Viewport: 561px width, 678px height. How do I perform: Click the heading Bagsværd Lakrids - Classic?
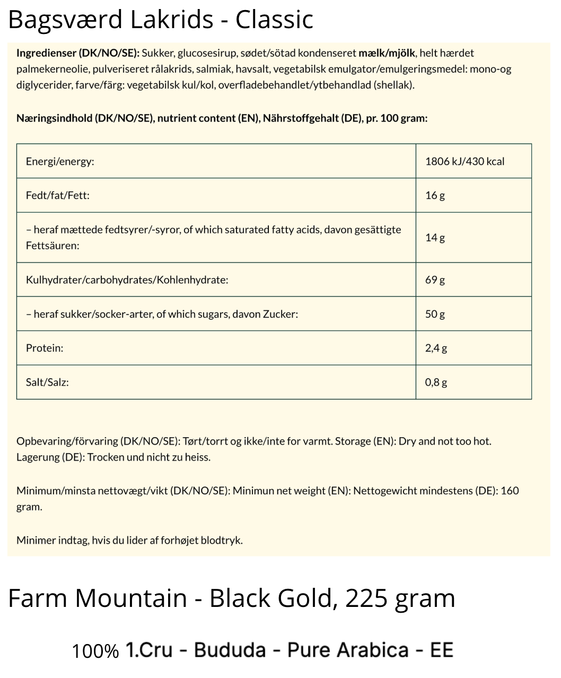coord(161,20)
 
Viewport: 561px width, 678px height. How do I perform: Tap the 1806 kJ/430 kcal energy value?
coord(464,161)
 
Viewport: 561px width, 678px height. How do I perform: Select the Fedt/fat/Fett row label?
coord(58,195)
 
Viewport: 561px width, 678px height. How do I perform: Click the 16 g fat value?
coord(435,195)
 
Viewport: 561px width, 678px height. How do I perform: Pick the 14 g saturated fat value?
coord(435,237)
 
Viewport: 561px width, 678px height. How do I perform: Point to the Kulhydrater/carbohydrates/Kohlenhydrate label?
coord(127,280)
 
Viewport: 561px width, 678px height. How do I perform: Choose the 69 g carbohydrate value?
coord(435,280)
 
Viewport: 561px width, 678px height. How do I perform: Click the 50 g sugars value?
coord(435,314)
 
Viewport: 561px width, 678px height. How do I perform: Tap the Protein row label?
coord(45,348)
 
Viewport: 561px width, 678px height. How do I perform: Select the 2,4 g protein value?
coord(436,348)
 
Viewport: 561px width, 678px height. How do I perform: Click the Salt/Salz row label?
coord(47,382)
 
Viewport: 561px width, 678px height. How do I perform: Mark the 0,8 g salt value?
coord(436,382)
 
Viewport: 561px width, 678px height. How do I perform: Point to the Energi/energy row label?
coord(60,161)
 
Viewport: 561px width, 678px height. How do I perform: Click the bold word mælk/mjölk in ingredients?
coord(387,53)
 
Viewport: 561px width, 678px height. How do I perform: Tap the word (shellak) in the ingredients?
coord(394,85)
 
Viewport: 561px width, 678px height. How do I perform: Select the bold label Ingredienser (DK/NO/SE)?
coord(78,53)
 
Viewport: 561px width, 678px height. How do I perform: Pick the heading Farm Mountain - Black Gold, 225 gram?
coord(232,598)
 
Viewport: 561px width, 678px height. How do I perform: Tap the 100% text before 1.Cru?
coord(95,651)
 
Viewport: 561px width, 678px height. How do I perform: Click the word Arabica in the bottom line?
coord(373,650)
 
